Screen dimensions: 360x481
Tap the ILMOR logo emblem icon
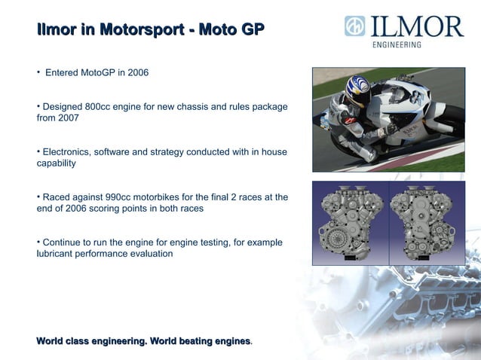click(354, 26)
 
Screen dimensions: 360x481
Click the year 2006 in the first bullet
click(136, 73)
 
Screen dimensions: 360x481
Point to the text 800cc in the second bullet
click(110, 107)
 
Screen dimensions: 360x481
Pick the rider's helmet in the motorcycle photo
click(357, 90)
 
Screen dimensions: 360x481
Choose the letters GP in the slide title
click(250, 31)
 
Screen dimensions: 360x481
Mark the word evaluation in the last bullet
click(151, 254)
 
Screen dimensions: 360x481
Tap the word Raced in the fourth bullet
click(57, 197)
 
